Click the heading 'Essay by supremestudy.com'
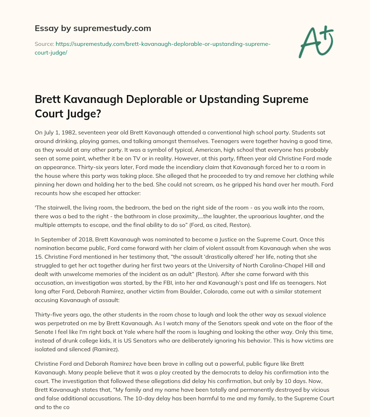click(93, 28)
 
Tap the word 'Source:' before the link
click(44, 44)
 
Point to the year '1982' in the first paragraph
click(65, 133)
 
